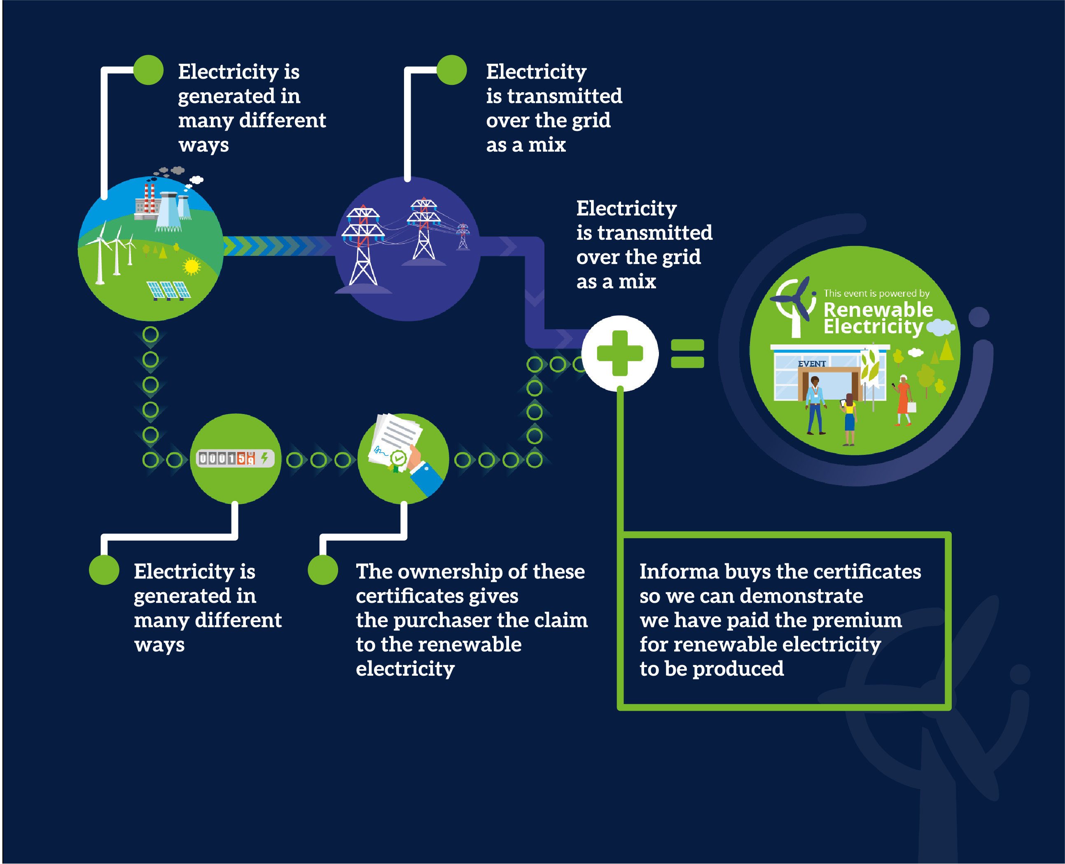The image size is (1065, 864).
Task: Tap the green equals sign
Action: pyautogui.click(x=687, y=354)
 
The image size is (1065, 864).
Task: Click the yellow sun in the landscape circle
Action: pyautogui.click(x=191, y=267)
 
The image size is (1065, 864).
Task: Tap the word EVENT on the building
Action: pyautogui.click(x=812, y=364)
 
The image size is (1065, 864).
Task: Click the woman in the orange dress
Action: pyautogui.click(x=903, y=400)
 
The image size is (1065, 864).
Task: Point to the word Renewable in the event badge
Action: pyautogui.click(x=878, y=309)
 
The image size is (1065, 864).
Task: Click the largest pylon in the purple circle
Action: pyautogui.click(x=363, y=246)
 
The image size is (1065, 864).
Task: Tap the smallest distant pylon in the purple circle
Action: pyautogui.click(x=463, y=236)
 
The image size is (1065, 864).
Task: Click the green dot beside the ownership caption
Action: pyautogui.click(x=323, y=570)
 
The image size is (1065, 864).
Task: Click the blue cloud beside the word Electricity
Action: pyautogui.click(x=940, y=327)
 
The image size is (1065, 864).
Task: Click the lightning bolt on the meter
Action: pyautogui.click(x=265, y=457)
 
